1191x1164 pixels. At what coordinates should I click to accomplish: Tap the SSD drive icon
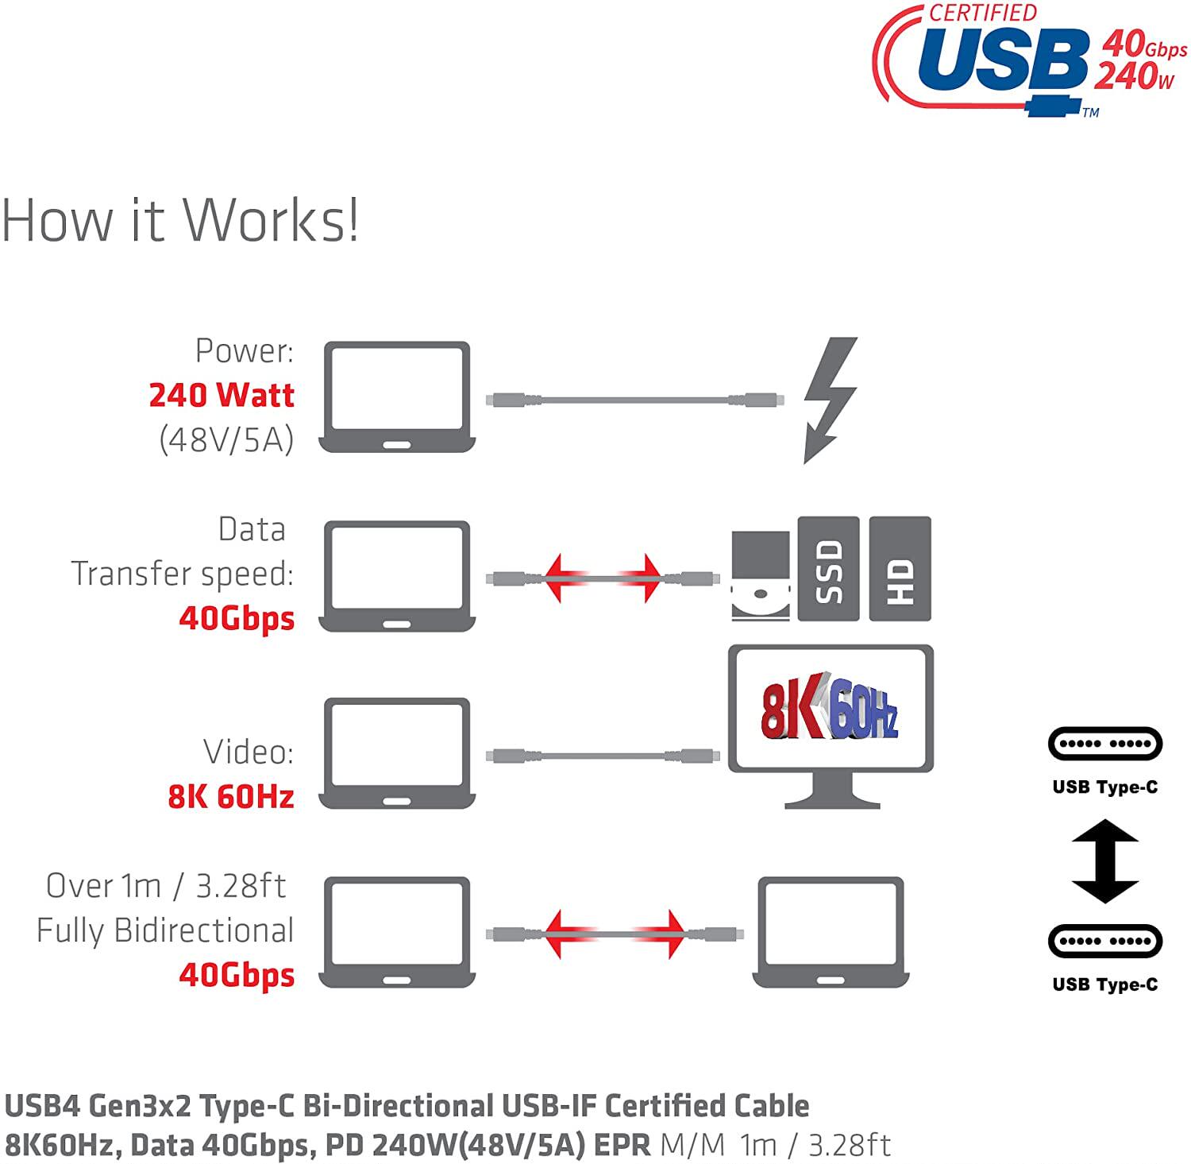pos(828,569)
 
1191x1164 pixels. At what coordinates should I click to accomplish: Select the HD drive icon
pos(900,569)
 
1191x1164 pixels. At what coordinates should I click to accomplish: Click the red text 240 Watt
pos(222,395)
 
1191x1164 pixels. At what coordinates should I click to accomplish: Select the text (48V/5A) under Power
pos(226,439)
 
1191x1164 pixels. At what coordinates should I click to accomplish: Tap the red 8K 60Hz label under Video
pos(231,796)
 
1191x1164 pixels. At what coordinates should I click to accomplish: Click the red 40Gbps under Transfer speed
pos(237,617)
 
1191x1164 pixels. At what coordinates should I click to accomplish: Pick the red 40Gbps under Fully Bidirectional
pos(237,975)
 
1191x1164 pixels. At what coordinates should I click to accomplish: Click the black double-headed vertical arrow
pos(1104,861)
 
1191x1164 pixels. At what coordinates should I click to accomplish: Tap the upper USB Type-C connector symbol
pos(1104,744)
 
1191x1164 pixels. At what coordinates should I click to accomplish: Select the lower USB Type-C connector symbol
pos(1104,942)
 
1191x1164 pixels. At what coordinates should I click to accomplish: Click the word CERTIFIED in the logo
pos(983,14)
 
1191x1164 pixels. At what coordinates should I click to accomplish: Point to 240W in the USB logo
pos(1134,77)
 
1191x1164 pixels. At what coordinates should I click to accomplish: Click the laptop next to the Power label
pos(397,397)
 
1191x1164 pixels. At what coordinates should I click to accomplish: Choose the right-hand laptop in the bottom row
pos(831,932)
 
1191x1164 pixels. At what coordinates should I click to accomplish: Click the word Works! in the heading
pos(272,220)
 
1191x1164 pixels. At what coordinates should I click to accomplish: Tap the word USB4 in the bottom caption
pos(43,1106)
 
